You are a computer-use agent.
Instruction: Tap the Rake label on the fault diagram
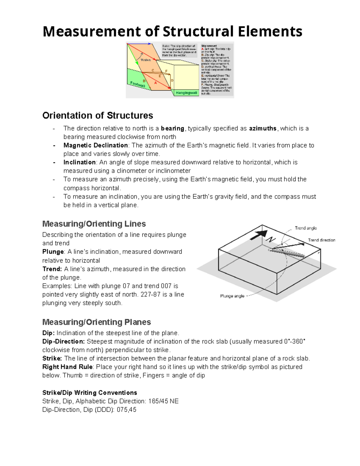(x=146, y=60)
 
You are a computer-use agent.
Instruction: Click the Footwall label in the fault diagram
(x=138, y=85)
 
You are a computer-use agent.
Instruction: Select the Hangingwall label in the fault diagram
(x=186, y=93)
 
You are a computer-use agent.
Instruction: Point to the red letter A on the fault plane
(x=155, y=83)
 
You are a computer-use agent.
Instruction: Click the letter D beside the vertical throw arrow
(x=172, y=80)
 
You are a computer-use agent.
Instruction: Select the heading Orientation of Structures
(x=97, y=116)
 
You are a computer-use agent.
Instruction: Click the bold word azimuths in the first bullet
(x=263, y=128)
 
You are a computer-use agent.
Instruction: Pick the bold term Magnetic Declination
(x=96, y=145)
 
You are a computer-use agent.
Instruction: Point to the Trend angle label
(x=306, y=228)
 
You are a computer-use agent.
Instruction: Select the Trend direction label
(x=322, y=240)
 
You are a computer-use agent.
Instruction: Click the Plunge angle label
(x=232, y=296)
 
